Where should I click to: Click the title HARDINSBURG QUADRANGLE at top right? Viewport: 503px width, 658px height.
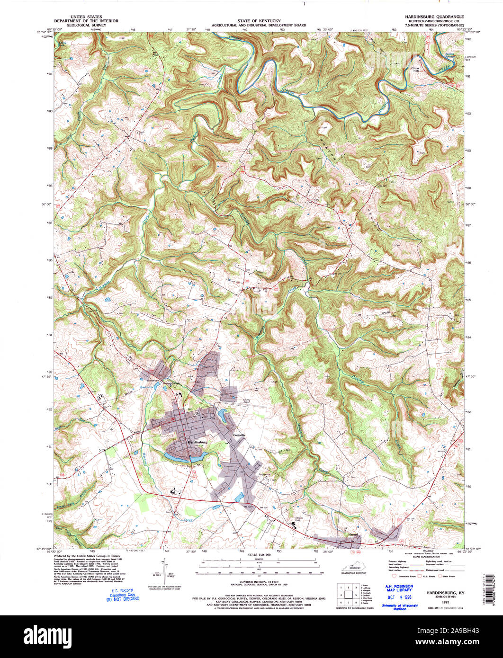[x=434, y=17]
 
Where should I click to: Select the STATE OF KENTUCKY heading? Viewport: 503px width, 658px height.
[x=259, y=21]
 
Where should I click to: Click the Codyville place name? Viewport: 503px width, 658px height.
[x=238, y=434]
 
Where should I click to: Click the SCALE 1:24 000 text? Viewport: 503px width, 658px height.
[x=259, y=555]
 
